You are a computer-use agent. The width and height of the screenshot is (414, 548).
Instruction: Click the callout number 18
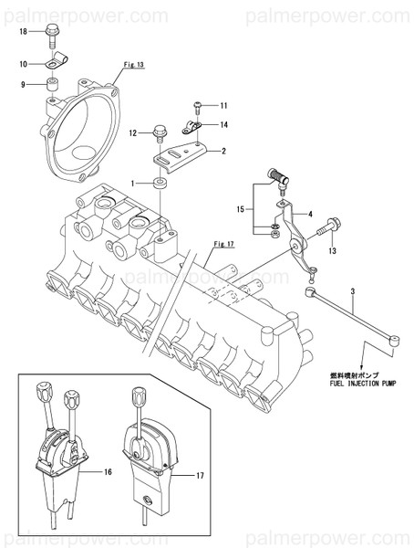(24, 31)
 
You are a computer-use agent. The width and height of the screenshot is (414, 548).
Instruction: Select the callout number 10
(24, 64)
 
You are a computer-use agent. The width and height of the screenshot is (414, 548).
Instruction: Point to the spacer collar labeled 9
(54, 87)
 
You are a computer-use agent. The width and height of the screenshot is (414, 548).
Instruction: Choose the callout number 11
(223, 107)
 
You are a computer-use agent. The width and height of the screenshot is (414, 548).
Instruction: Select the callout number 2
(223, 150)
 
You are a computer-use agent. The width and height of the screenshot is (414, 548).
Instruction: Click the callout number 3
(351, 290)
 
